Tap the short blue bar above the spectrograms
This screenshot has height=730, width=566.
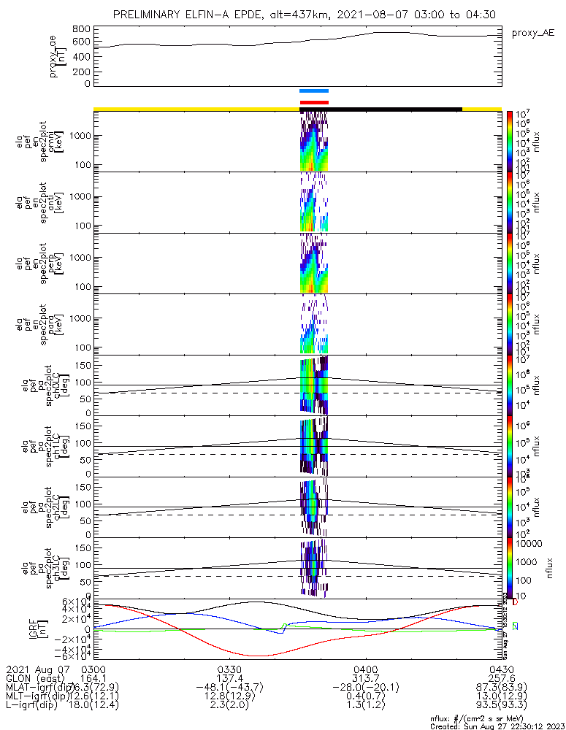pos(314,91)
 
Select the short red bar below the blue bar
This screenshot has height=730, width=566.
pos(314,103)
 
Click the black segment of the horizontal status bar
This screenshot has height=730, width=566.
pos(380,109)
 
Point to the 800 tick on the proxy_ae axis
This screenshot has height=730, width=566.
pos(82,28)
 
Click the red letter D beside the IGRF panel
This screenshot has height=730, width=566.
pos(515,602)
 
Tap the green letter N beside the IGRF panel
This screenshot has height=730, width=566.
pos(515,626)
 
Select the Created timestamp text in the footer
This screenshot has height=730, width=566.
pos(497,726)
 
